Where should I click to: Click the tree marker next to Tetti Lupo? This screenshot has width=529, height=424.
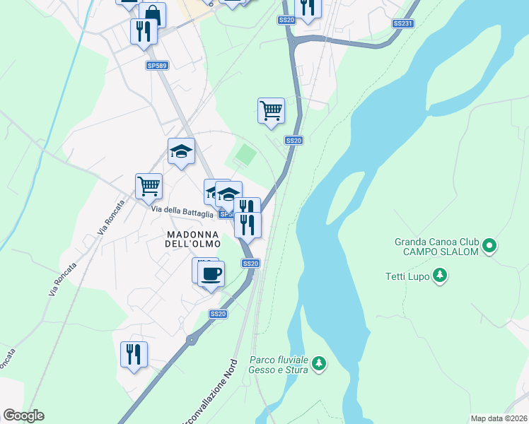(x=440, y=274)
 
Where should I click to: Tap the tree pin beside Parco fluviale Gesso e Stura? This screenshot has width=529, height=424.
(x=320, y=364)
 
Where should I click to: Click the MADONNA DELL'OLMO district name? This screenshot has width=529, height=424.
(x=193, y=239)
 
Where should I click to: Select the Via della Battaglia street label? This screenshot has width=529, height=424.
(x=182, y=212)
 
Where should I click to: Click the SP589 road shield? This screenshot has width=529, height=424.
(x=157, y=66)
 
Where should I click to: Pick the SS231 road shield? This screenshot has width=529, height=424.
(x=402, y=23)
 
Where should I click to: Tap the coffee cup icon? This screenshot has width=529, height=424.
(x=211, y=273)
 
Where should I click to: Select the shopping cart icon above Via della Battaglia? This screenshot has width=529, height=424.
(x=149, y=186)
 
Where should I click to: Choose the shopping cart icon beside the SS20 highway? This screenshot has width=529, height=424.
(x=271, y=110)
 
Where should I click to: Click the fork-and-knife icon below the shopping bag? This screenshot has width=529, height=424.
(x=143, y=30)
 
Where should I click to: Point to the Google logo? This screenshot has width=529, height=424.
(x=24, y=416)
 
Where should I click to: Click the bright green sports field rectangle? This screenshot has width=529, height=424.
(x=245, y=153)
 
